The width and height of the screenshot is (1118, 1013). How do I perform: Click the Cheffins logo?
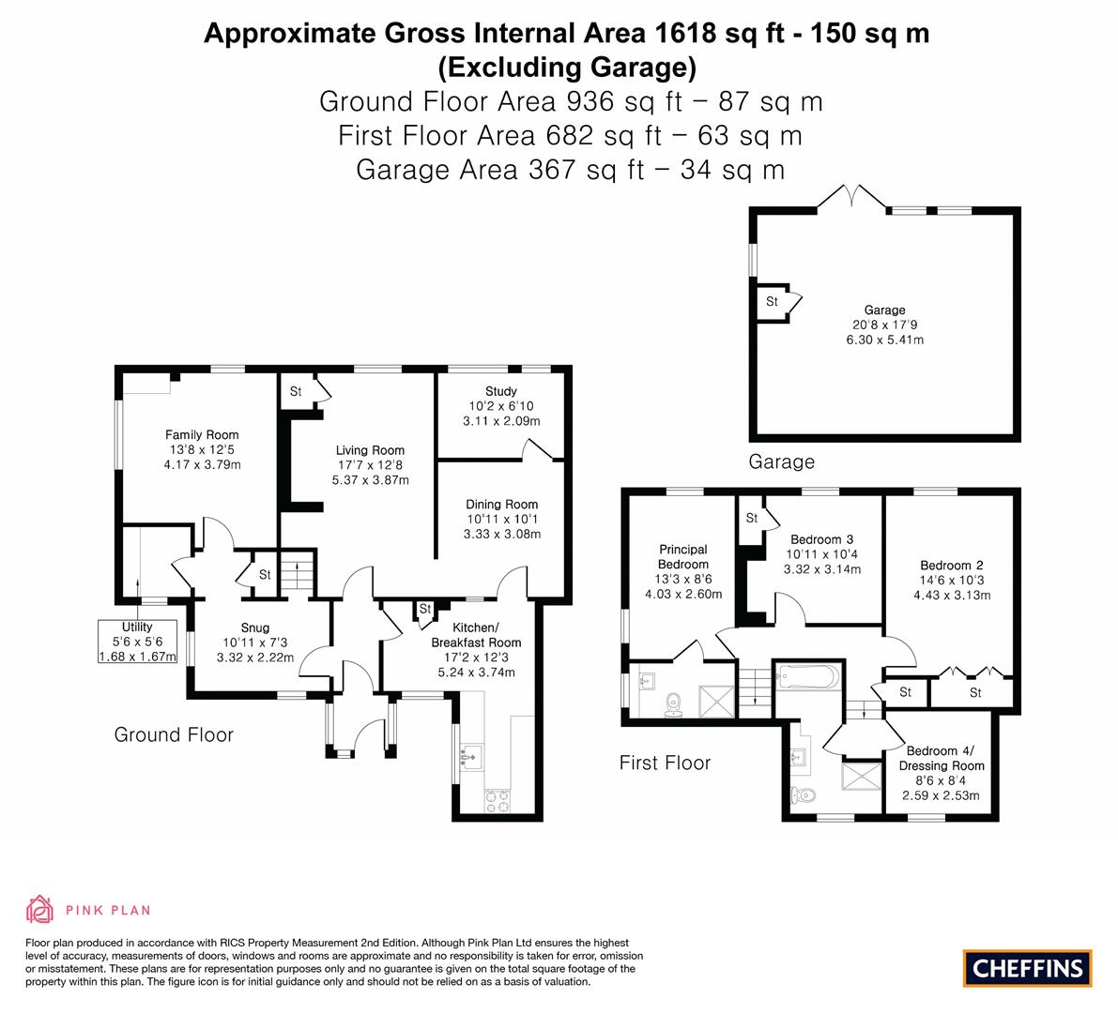click(1028, 968)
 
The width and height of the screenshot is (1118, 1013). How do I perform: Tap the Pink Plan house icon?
click(39, 909)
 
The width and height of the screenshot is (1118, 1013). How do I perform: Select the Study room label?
click(500, 391)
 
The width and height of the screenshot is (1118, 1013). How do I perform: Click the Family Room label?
click(202, 434)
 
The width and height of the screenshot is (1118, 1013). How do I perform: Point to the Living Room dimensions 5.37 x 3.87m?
click(370, 480)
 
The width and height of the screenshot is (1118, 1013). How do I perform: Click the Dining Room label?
click(502, 505)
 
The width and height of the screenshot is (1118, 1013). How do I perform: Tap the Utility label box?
click(138, 642)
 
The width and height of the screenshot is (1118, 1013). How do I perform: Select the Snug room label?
click(255, 627)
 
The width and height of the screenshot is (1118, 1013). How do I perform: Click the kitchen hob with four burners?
click(498, 801)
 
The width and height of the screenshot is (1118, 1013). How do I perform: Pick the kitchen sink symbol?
click(471, 757)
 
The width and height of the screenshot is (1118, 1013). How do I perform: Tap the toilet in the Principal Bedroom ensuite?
click(673, 704)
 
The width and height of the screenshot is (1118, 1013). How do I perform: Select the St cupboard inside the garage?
click(773, 302)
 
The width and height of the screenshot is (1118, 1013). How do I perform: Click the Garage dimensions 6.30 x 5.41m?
click(885, 340)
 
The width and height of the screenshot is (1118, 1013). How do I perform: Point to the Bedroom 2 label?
click(952, 565)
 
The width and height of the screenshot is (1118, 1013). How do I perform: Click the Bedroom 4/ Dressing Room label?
click(942, 758)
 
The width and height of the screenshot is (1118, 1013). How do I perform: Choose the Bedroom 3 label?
click(822, 539)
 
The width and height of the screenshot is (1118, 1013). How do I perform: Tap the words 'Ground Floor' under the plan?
click(174, 734)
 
